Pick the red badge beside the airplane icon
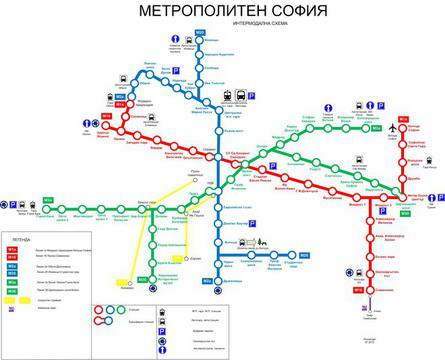[x=402, y=121]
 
